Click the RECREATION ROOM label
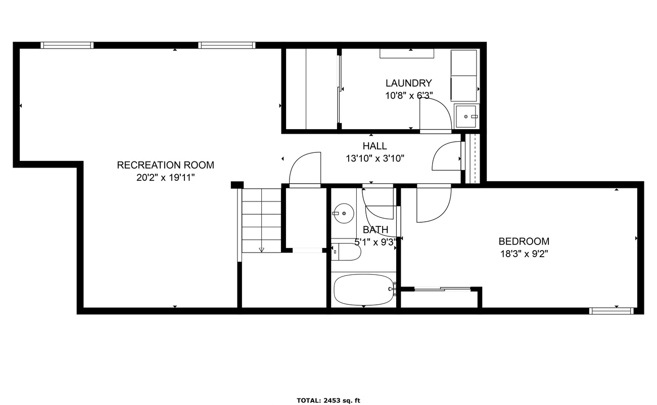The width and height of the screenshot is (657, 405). [165, 165]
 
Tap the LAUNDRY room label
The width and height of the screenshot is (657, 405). [408, 83]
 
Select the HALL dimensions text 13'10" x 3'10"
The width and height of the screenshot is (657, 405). [375, 158]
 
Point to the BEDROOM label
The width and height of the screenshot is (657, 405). [524, 241]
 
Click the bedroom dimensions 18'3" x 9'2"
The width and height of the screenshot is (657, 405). [524, 254]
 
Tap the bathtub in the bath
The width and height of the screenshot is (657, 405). [364, 290]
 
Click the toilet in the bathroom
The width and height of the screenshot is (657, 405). [346, 252]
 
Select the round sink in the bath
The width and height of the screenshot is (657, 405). [344, 213]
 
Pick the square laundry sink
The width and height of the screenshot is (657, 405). [466, 116]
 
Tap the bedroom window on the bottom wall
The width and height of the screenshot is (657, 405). [611, 311]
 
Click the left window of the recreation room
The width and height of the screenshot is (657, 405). [67, 45]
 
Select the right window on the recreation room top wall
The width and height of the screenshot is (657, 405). [227, 45]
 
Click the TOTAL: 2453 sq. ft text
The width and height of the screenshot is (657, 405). [328, 400]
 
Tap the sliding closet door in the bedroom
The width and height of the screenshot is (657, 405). [443, 289]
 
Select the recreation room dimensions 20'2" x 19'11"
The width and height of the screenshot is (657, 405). [165, 178]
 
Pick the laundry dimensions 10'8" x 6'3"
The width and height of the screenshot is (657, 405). [409, 96]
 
